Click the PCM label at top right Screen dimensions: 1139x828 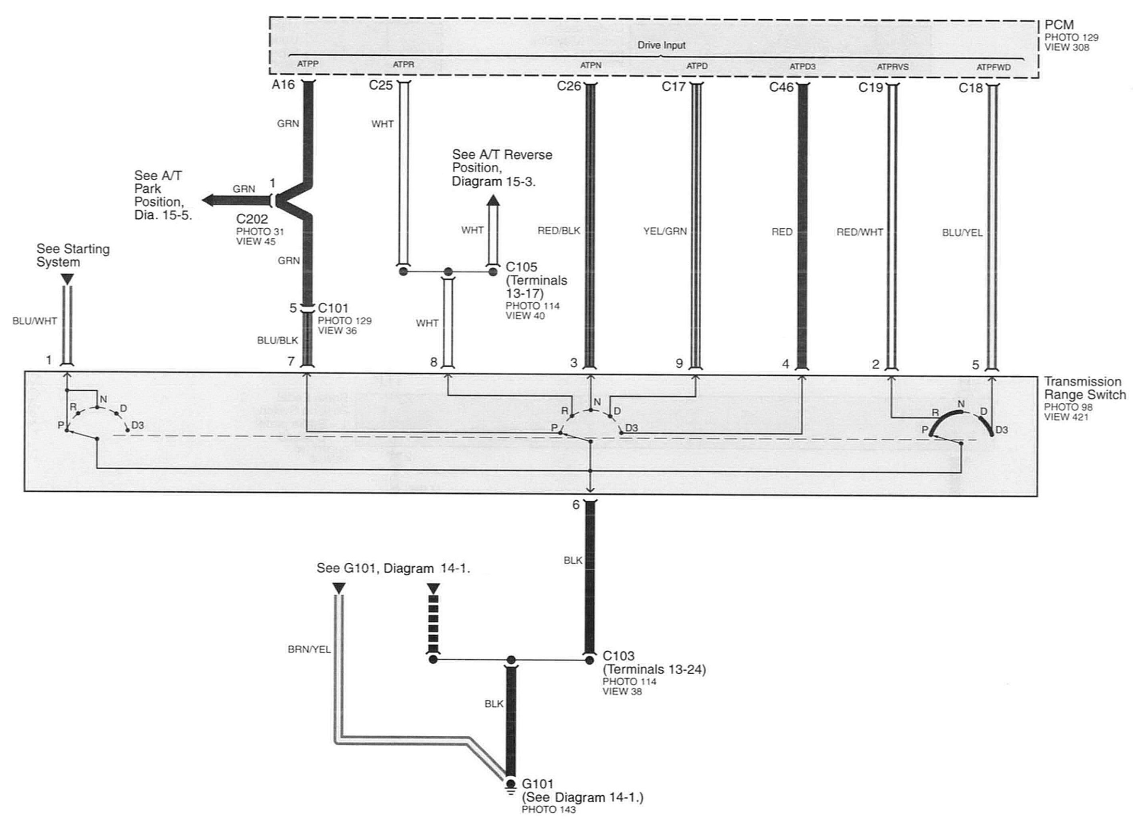(x=1059, y=25)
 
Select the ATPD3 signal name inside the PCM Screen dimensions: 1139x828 (x=803, y=66)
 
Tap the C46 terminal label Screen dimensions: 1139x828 (x=781, y=87)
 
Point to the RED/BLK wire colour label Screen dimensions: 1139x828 (x=559, y=231)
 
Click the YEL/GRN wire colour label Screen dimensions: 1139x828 (x=665, y=232)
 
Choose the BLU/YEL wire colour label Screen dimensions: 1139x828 (x=962, y=233)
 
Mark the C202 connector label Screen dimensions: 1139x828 (x=252, y=219)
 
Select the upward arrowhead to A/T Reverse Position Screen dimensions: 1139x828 (x=494, y=201)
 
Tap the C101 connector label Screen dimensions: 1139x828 (x=333, y=308)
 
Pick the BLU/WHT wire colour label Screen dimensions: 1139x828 (x=35, y=321)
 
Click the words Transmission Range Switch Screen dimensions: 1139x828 (x=1085, y=388)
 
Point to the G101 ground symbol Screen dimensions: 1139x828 (x=511, y=785)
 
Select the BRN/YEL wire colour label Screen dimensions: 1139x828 (x=310, y=649)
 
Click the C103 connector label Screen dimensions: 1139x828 (x=619, y=656)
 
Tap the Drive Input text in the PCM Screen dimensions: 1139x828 (x=661, y=45)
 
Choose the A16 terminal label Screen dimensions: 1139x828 (x=283, y=85)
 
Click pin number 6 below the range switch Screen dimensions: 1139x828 (x=576, y=505)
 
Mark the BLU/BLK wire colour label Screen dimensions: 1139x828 (x=278, y=340)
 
